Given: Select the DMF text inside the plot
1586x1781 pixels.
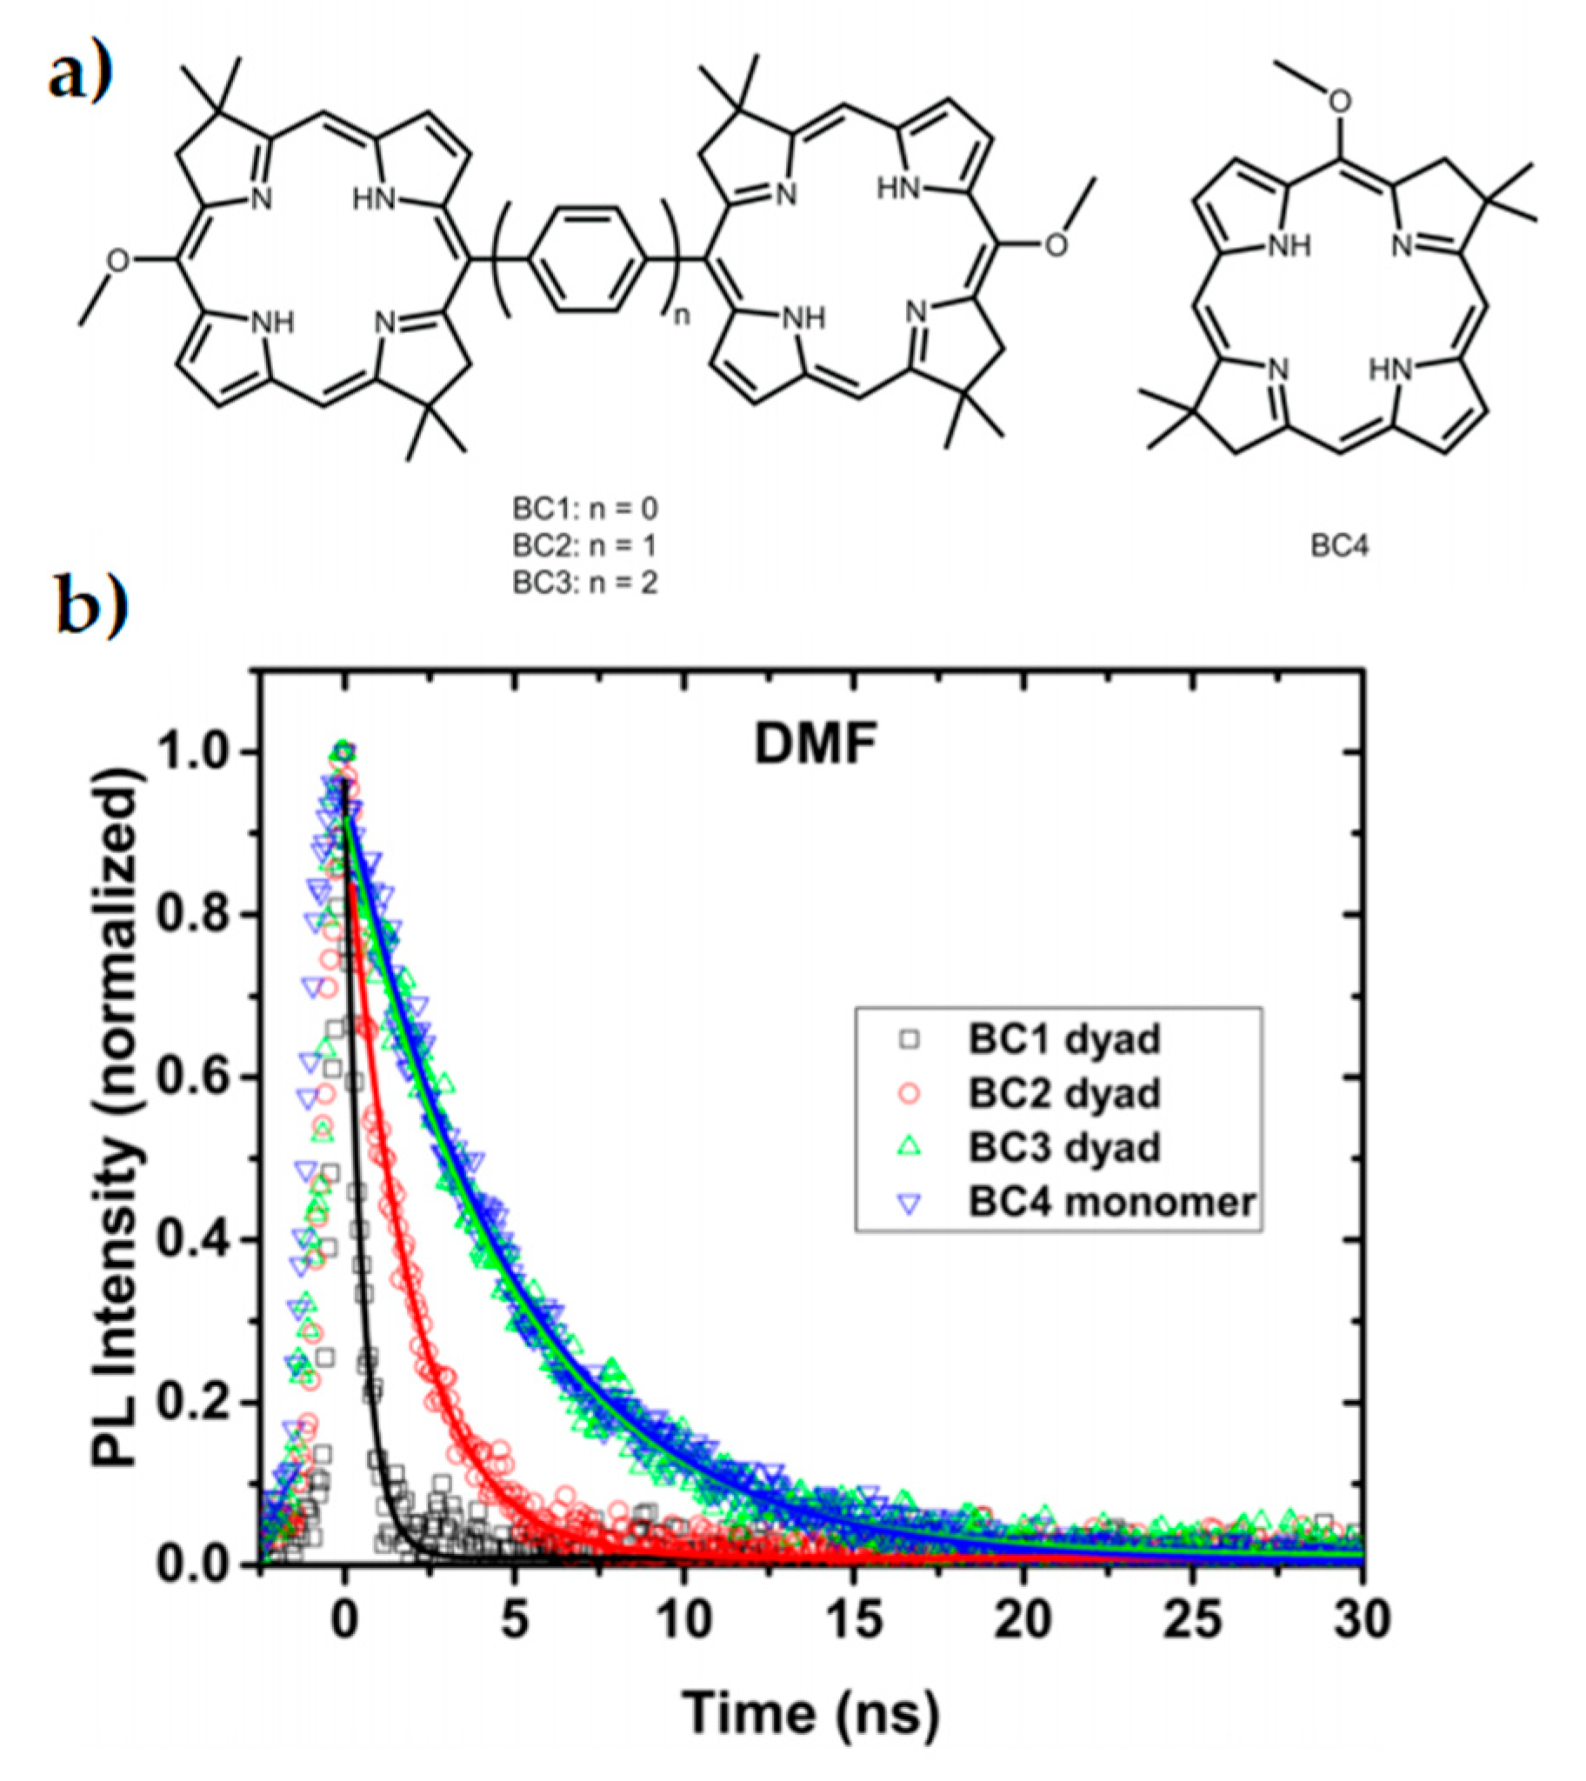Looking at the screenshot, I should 814,746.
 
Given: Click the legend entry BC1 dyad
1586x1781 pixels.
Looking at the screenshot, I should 1063,1038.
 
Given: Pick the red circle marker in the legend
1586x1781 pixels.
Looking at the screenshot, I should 910,1092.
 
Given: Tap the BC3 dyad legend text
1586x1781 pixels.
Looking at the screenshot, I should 1063,1147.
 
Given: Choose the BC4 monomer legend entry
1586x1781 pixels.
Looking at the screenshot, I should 1112,1202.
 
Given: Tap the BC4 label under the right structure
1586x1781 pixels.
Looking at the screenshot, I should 1338,546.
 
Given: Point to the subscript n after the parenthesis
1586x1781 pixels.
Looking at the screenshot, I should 682,316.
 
